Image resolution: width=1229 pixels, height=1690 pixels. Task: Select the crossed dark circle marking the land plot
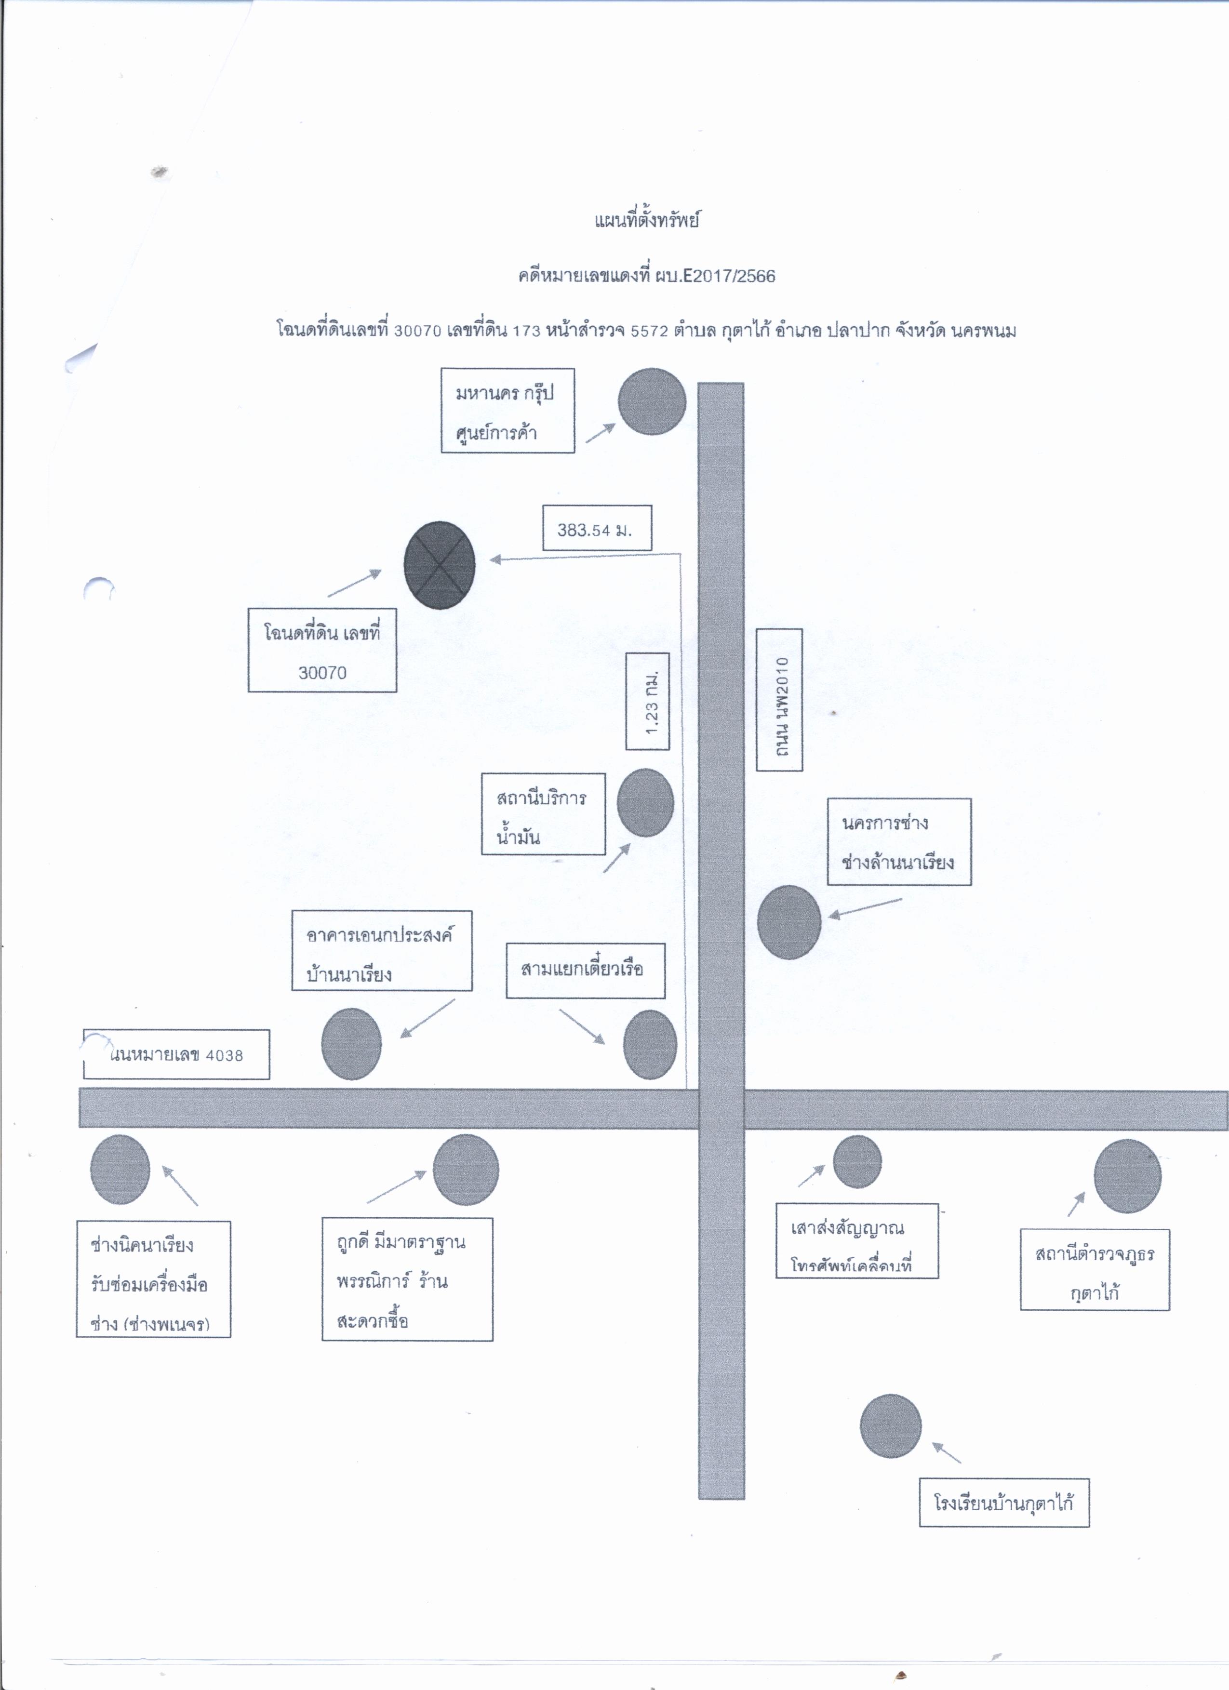point(439,565)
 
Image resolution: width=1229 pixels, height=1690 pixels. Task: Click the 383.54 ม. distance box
point(596,528)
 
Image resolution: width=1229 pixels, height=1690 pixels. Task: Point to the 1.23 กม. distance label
point(647,701)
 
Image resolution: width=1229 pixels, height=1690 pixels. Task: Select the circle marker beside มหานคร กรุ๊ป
point(652,401)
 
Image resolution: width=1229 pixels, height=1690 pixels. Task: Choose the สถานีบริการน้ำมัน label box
point(543,814)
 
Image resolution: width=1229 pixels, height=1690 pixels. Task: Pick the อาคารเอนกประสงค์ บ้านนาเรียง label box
point(382,951)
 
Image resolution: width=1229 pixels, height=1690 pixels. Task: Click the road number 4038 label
point(176,1054)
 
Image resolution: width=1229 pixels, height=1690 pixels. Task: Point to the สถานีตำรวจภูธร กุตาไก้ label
point(1095,1270)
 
